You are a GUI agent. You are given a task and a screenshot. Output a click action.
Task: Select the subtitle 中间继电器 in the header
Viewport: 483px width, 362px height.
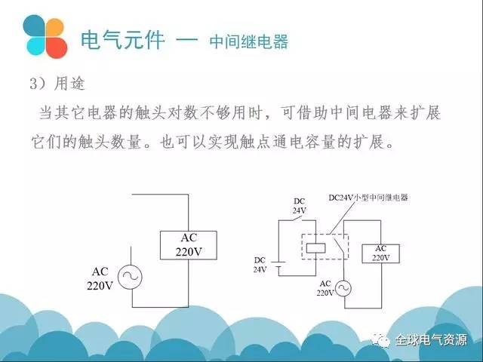[249, 41]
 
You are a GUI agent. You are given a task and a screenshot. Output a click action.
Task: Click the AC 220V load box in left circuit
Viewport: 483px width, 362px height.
[187, 244]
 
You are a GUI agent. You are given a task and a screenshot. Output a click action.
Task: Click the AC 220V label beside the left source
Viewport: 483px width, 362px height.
[100, 278]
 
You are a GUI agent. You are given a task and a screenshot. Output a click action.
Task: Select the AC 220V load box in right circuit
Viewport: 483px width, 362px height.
[380, 253]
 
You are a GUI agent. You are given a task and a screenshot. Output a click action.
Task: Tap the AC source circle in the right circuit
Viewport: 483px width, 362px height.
[343, 288]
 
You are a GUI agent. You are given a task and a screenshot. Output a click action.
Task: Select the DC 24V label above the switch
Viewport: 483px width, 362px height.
[300, 206]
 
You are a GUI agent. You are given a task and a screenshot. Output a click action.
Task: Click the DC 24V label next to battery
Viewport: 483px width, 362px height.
[260, 264]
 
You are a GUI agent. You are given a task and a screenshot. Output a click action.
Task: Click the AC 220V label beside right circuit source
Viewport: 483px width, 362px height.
[325, 288]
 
